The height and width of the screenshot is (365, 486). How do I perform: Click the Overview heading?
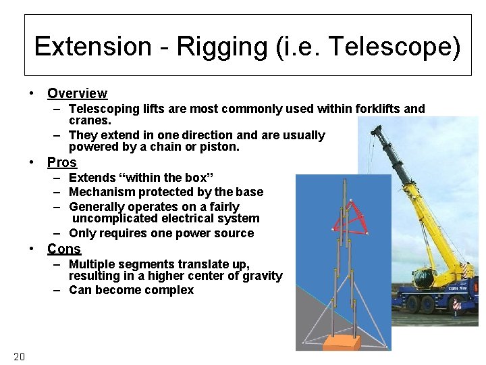[77, 93]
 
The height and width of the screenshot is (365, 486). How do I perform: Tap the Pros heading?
[62, 162]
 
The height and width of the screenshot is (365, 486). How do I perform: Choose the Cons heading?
[64, 249]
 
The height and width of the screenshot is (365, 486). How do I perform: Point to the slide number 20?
[19, 356]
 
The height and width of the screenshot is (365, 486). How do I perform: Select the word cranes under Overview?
[90, 120]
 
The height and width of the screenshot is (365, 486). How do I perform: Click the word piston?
[221, 147]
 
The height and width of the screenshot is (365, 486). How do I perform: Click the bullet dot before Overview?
[32, 93]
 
